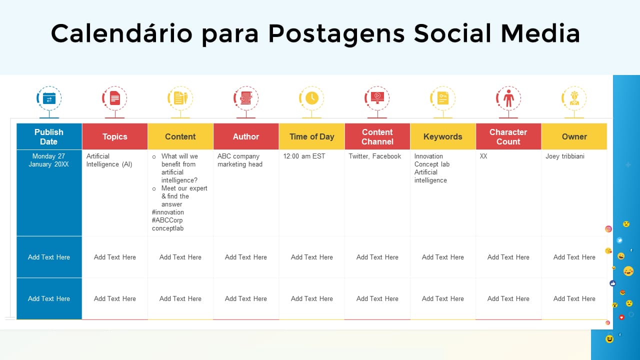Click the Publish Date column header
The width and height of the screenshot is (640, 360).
click(x=49, y=136)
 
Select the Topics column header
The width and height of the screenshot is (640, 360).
click(x=115, y=136)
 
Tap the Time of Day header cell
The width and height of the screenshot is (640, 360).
click(x=311, y=136)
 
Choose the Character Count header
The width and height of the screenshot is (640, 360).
click(x=508, y=136)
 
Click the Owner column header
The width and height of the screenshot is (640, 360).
click(x=574, y=136)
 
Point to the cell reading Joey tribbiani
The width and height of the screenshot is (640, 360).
click(x=565, y=156)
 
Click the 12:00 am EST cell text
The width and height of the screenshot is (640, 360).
click(x=304, y=156)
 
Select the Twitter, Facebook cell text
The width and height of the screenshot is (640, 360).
click(x=375, y=156)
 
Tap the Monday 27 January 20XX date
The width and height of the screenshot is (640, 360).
click(x=49, y=160)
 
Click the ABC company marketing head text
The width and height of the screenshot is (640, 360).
click(x=239, y=160)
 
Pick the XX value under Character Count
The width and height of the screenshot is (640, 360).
click(x=483, y=156)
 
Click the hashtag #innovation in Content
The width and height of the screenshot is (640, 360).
click(x=168, y=212)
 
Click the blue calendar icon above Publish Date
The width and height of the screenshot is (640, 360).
click(x=49, y=98)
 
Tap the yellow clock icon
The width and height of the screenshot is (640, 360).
click(x=311, y=98)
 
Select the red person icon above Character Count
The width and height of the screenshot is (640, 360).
click(x=508, y=98)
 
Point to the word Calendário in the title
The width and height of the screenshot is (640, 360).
click(x=121, y=33)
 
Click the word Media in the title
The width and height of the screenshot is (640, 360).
click(x=540, y=33)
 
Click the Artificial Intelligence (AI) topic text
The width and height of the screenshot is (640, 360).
click(x=109, y=160)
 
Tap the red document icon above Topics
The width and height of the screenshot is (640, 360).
click(x=115, y=98)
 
